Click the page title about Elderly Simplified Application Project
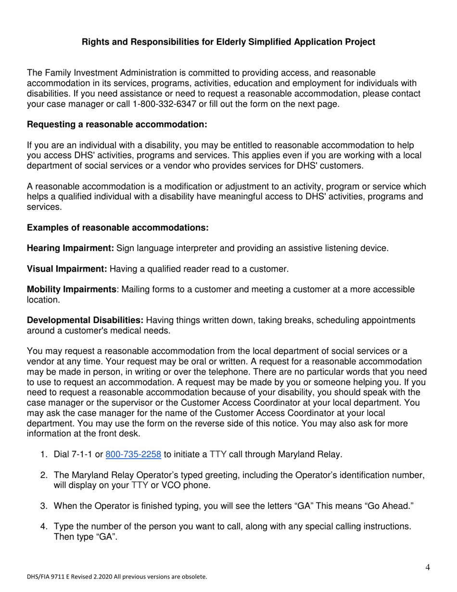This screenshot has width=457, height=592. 228,42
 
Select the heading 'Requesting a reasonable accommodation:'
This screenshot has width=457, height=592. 117,125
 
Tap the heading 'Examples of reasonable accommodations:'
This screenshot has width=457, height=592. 117,228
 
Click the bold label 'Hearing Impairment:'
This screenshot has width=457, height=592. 70,248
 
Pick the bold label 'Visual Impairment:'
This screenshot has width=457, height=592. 67,269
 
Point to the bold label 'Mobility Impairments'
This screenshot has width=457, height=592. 72,290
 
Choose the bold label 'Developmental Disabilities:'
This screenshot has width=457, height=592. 85,321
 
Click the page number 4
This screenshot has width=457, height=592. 428,567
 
